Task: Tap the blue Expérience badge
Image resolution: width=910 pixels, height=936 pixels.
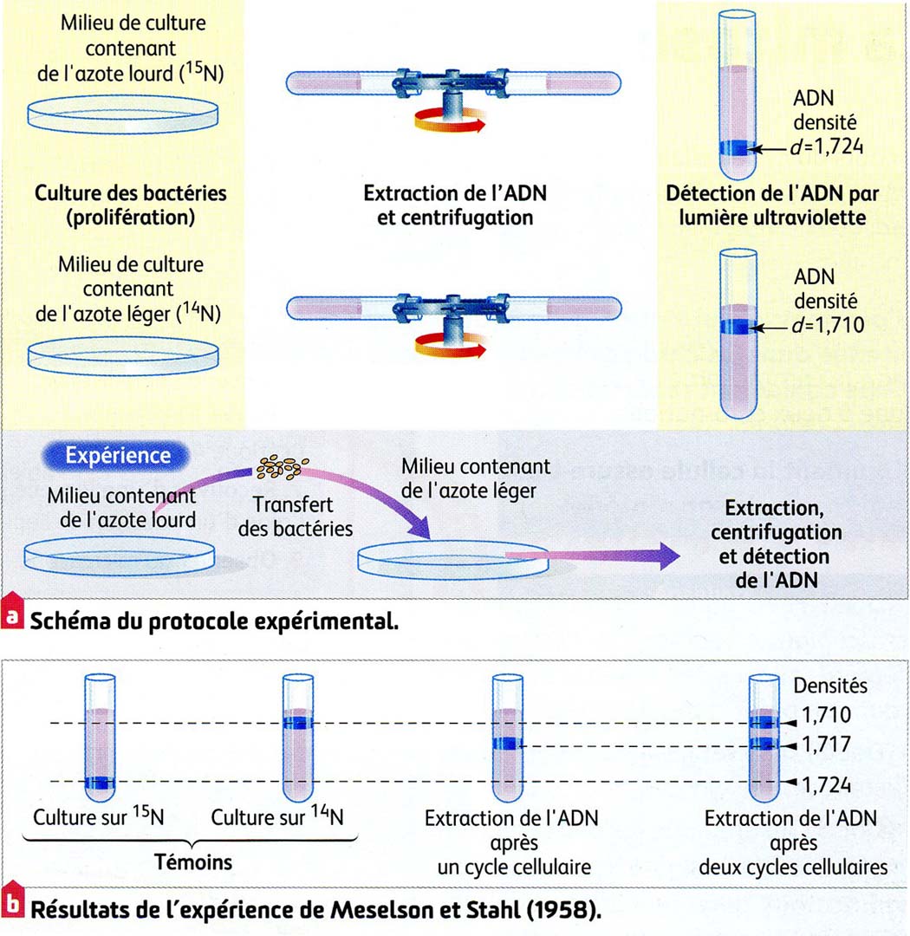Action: pyautogui.click(x=119, y=455)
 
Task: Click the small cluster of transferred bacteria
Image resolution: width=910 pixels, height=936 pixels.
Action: pyautogui.click(x=278, y=469)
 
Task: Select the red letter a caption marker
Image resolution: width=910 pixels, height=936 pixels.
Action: pyautogui.click(x=12, y=619)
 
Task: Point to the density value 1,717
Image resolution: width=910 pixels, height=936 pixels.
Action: pyautogui.click(x=827, y=745)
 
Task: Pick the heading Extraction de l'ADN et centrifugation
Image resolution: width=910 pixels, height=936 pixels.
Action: pyautogui.click(x=454, y=205)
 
